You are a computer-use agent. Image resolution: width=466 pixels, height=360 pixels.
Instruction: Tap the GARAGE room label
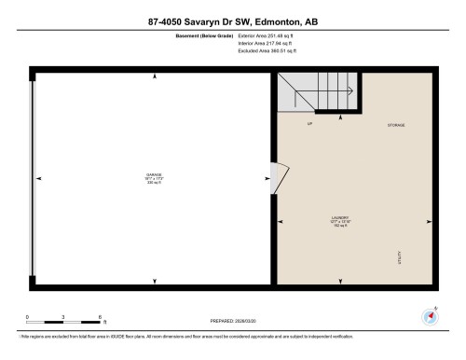(154, 175)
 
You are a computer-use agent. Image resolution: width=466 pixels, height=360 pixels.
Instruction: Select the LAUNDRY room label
(340, 221)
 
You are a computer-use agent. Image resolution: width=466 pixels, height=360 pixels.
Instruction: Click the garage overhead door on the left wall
(34, 177)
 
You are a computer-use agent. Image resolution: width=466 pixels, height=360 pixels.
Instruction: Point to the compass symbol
(431, 314)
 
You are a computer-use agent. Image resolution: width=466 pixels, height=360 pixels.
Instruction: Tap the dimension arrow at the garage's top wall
(153, 75)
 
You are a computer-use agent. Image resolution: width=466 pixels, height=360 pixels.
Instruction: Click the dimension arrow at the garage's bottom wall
(153, 281)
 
